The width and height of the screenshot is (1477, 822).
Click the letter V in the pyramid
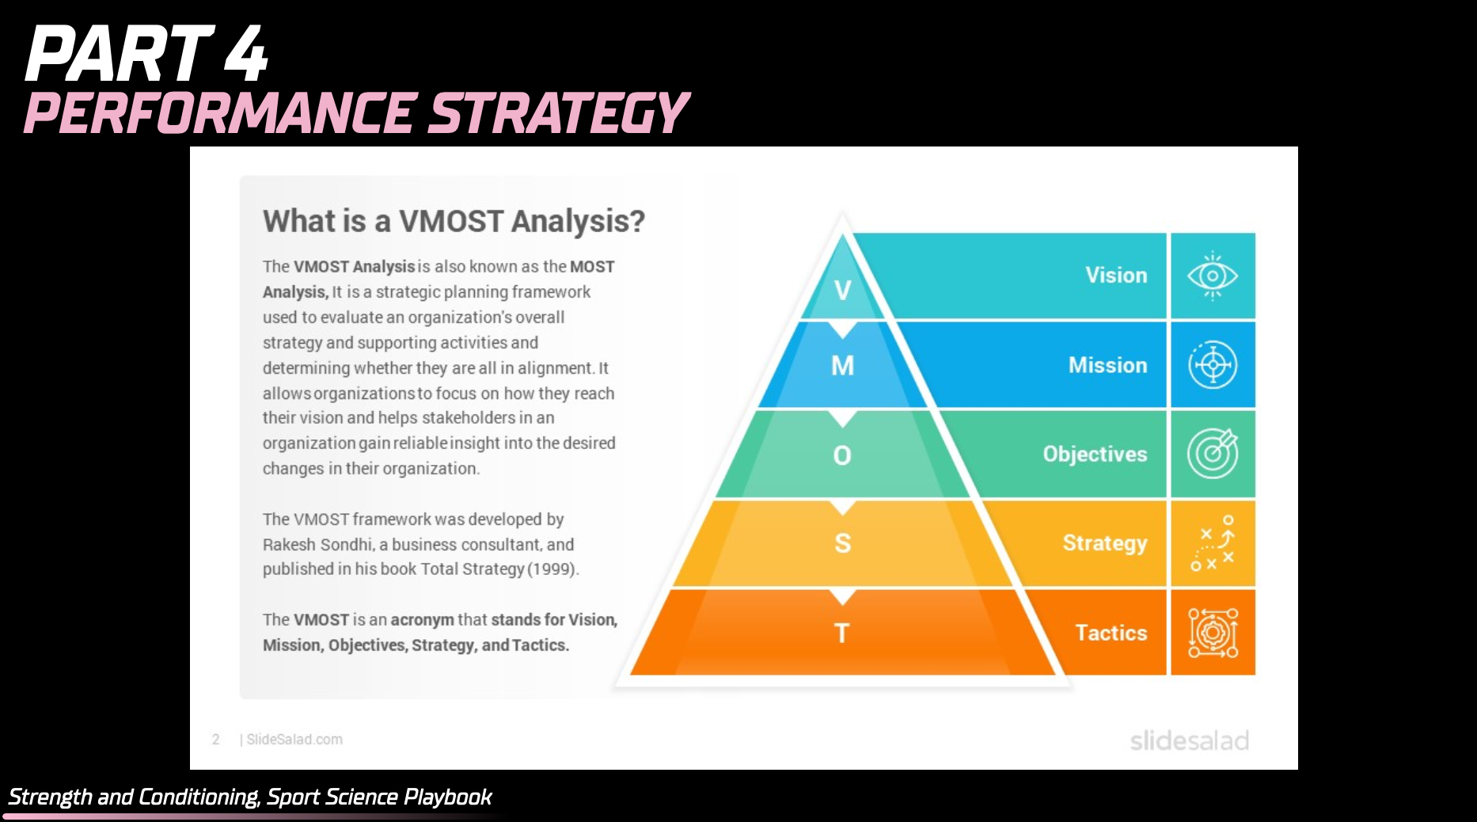tap(843, 290)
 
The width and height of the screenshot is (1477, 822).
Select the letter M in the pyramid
tap(843, 365)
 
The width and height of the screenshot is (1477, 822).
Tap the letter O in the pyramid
tap(842, 455)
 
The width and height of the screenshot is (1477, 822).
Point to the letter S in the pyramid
tap(842, 543)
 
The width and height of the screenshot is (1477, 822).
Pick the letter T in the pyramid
tap(842, 634)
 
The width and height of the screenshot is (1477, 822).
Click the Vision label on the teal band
tap(1116, 275)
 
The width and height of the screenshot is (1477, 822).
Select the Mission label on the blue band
tap(1107, 365)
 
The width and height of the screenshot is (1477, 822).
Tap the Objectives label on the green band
tap(1095, 454)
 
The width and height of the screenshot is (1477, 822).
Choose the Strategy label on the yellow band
tap(1104, 543)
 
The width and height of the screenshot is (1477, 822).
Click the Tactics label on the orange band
tap(1111, 633)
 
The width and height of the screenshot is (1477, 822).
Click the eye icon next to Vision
tap(1212, 276)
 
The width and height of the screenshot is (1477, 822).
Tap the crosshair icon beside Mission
tap(1212, 365)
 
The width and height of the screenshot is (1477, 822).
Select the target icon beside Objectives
tap(1212, 454)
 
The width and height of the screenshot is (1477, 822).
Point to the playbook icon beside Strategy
tap(1213, 543)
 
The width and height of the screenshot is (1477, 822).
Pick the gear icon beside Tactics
tap(1213, 633)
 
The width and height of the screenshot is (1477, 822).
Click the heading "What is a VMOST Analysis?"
tap(454, 221)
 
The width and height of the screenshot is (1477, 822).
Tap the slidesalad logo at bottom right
tap(1189, 740)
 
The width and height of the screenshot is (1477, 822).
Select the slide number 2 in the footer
tap(215, 740)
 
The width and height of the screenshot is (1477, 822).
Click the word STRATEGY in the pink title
tap(559, 112)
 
